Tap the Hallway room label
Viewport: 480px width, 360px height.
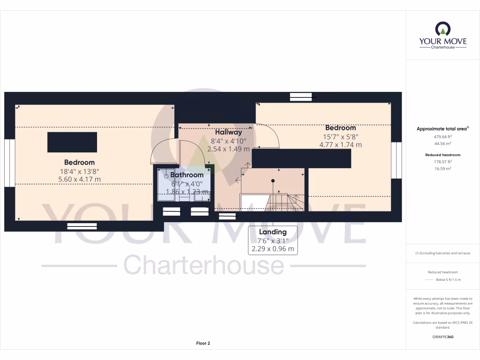(229, 132)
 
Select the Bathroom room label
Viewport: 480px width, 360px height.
(187, 175)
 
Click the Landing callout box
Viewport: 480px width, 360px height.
(273, 240)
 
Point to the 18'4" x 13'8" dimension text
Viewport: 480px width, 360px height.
(79, 171)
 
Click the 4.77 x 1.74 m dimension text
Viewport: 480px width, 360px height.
(340, 145)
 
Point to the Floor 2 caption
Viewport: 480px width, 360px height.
(203, 343)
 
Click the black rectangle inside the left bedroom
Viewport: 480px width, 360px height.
(72, 142)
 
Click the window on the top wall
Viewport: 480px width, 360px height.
(300, 97)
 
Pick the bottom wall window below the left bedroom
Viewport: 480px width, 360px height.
(82, 226)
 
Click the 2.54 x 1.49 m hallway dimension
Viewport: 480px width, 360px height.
(228, 149)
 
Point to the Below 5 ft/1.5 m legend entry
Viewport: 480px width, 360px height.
(448, 280)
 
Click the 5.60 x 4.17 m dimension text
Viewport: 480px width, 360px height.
(79, 179)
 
